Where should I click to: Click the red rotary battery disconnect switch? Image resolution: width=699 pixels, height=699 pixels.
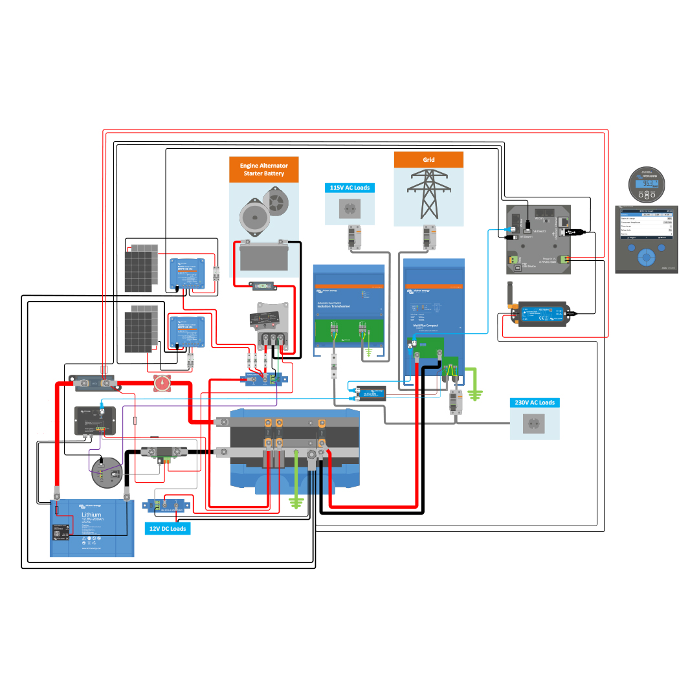coord(162,384)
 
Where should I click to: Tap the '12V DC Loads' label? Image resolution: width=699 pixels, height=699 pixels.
coord(168,529)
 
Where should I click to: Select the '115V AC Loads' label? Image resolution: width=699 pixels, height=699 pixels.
coord(349,188)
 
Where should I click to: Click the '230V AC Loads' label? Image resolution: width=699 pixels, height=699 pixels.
coord(535,403)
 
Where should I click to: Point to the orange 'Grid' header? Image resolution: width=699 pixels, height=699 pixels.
coord(428,160)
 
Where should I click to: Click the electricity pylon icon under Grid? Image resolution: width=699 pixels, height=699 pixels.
coord(428,194)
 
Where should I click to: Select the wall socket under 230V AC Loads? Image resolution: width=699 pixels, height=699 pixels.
coord(535,425)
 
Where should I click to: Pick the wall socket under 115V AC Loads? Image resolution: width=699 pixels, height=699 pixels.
coord(349,208)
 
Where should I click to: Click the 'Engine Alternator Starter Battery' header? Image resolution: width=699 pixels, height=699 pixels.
coord(264,170)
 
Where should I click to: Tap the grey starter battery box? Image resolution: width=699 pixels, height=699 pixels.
coord(263,258)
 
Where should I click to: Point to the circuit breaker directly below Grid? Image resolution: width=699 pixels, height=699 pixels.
coord(428,238)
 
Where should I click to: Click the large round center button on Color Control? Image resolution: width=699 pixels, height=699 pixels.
coord(645,256)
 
